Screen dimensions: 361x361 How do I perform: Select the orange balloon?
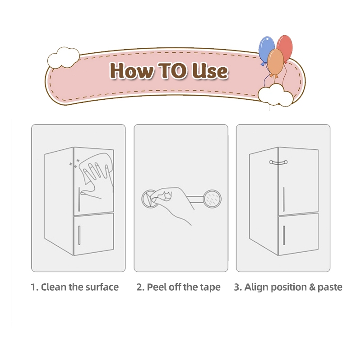point(276,63)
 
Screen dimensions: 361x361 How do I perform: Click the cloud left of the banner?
point(63,58)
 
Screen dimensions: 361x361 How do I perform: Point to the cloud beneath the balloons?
point(275,95)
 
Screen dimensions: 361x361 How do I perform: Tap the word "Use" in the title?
point(210,71)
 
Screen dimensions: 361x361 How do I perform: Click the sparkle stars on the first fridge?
point(74,163)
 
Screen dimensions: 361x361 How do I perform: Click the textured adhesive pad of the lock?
point(212,199)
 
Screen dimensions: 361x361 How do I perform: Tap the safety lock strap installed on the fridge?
point(278,162)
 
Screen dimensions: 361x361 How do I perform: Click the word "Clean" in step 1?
point(53,287)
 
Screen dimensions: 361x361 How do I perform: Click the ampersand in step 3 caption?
point(312,287)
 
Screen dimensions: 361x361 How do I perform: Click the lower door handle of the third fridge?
point(284,235)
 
